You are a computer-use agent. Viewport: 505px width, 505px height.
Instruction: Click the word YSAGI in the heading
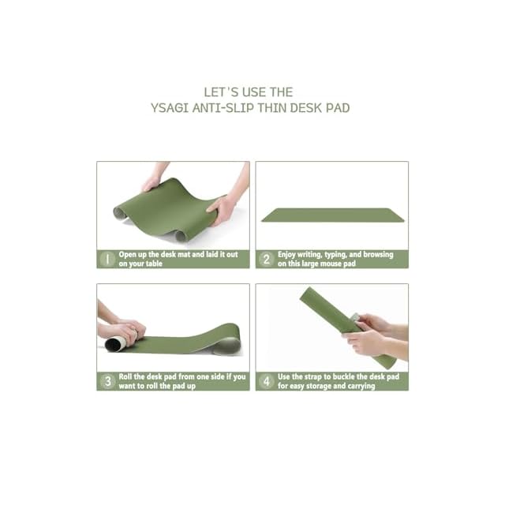click(170, 108)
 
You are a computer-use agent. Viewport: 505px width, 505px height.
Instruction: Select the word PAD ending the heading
click(338, 108)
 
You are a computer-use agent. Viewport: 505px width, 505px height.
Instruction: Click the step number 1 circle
click(107, 260)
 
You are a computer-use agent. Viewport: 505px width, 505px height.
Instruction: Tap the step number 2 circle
click(267, 260)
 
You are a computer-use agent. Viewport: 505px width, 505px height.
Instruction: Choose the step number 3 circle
click(107, 381)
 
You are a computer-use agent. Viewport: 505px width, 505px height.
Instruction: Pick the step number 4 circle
click(267, 381)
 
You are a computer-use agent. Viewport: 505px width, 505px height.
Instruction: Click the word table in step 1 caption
click(154, 264)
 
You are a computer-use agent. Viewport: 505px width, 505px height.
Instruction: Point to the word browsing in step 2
click(378, 254)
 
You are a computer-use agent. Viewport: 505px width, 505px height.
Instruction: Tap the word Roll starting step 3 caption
click(125, 376)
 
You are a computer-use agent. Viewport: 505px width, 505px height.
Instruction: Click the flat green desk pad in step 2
click(333, 215)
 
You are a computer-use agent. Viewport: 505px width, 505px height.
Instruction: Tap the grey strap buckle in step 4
click(356, 320)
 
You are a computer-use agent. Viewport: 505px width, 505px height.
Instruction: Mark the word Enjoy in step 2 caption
click(286, 254)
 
